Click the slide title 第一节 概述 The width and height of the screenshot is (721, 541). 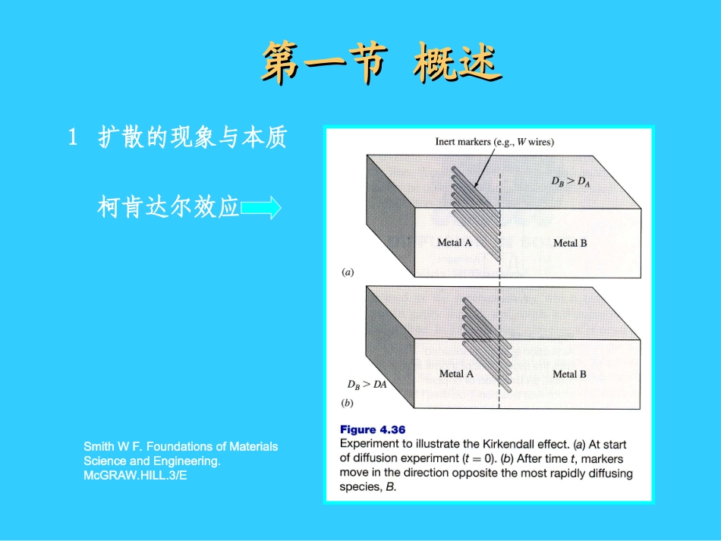(x=381, y=63)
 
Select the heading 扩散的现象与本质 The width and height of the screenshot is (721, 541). (x=193, y=138)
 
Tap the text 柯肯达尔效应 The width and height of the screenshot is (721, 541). (x=168, y=207)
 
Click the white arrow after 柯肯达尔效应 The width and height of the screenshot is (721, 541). (x=261, y=207)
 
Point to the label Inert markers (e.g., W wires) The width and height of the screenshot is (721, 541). (x=494, y=142)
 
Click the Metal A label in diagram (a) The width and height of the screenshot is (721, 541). (x=455, y=243)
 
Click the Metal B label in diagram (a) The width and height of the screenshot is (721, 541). (x=570, y=243)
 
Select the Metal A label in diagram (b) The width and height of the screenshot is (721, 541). (x=456, y=373)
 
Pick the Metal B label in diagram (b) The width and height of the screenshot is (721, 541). (x=569, y=373)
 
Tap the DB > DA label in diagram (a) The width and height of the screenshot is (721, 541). (x=570, y=182)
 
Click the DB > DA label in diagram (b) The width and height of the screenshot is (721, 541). (x=367, y=385)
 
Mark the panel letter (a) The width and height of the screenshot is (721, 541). (x=348, y=272)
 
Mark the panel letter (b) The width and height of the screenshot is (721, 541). (x=348, y=403)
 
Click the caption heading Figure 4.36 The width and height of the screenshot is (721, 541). (x=373, y=430)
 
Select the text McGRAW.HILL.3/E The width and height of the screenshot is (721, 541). (x=135, y=475)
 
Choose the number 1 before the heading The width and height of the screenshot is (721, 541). (x=74, y=138)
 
